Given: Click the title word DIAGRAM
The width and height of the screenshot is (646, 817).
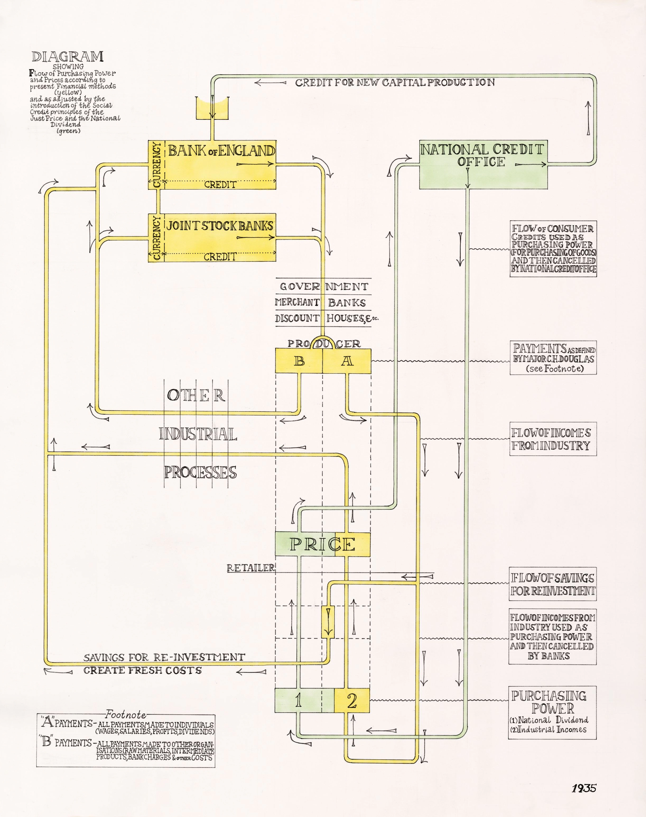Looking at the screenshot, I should click(x=68, y=57).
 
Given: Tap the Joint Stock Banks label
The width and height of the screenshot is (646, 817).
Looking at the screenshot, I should click(x=220, y=226).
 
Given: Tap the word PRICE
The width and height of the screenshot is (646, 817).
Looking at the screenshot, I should click(x=322, y=544).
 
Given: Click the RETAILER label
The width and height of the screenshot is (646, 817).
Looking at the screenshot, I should click(x=251, y=568).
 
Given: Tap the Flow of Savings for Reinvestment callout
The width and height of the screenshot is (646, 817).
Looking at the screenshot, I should click(x=552, y=584).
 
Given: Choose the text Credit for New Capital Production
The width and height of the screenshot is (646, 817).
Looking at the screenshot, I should click(x=394, y=82).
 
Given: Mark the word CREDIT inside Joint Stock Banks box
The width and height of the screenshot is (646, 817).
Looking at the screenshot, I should click(x=220, y=257).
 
